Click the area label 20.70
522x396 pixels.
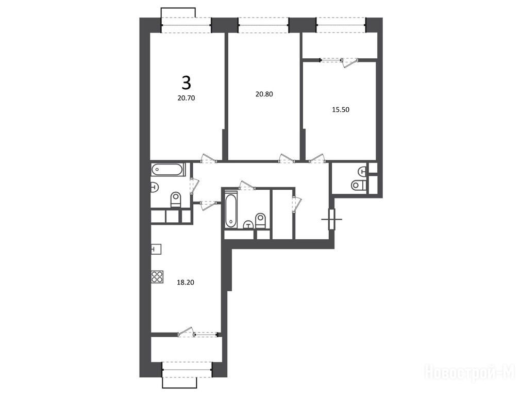tap(186, 98)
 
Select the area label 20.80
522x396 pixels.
tap(264, 94)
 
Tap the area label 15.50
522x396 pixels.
tap(341, 110)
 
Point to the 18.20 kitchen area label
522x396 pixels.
tap(186, 283)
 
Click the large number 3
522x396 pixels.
tap(187, 83)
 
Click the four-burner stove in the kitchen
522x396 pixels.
tap(157, 277)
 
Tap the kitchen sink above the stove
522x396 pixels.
tap(156, 249)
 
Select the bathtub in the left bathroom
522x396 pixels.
tap(167, 170)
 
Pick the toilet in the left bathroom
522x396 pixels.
tap(175, 200)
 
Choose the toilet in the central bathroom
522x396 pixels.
tap(260, 221)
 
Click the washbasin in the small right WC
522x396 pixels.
tap(362, 171)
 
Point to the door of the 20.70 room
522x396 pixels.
tap(209, 159)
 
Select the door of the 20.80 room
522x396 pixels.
tap(287, 158)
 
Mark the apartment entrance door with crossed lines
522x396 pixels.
tap(331, 219)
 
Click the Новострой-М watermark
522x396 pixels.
tap(470, 371)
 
